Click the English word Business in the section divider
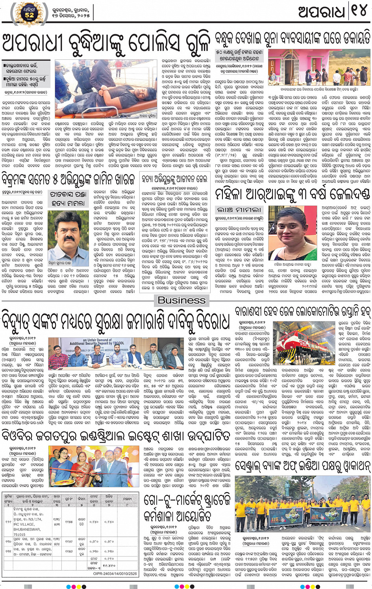coord(181,300)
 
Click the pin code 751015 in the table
coord(20,534)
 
